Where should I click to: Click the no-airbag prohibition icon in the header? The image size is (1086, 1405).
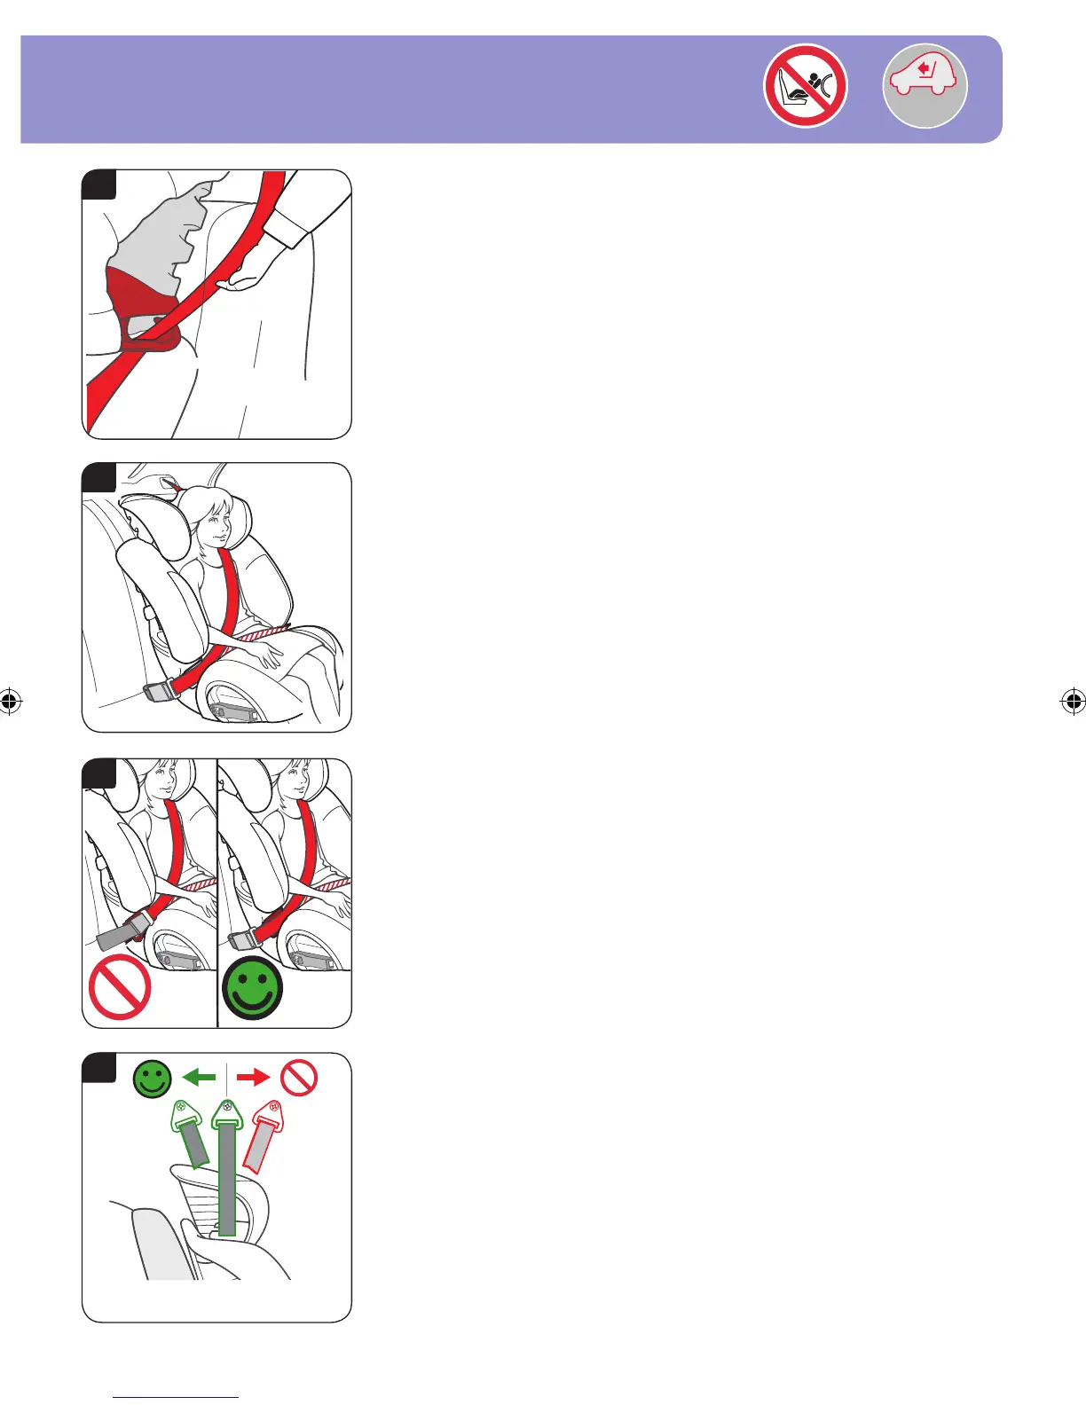[805, 86]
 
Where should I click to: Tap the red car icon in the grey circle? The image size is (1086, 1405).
[925, 86]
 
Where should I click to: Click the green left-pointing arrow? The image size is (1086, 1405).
[199, 1077]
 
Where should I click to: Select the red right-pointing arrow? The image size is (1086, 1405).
[254, 1077]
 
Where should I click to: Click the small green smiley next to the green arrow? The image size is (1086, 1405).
[152, 1079]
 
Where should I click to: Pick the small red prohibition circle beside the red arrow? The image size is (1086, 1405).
[299, 1079]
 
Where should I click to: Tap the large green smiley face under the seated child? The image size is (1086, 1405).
[253, 988]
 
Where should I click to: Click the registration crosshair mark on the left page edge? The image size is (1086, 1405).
[10, 702]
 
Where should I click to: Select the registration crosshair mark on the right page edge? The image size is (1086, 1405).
[1073, 702]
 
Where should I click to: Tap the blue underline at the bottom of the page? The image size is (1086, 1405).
[176, 1397]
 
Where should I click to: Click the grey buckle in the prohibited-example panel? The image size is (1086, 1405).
[118, 934]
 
